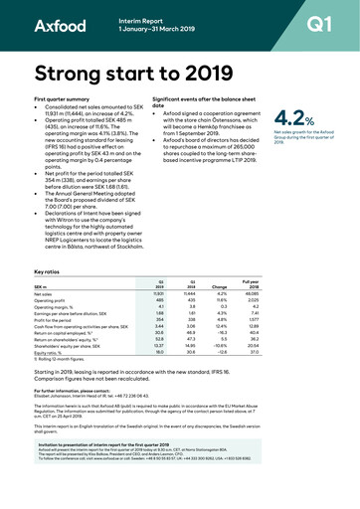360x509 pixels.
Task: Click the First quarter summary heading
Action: point(70,101)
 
